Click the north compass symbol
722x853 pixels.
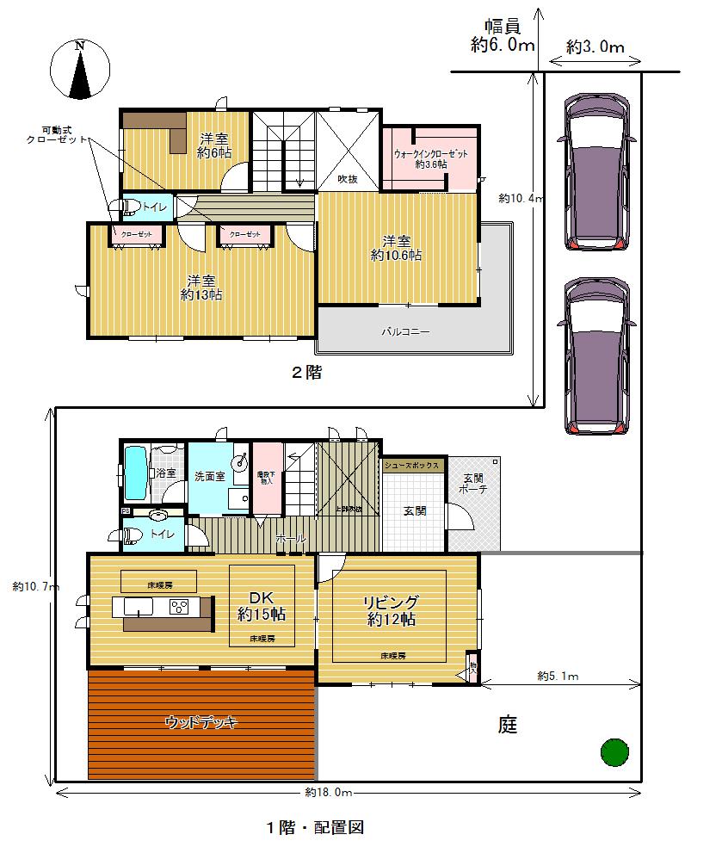[x=80, y=68]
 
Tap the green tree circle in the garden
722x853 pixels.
[x=614, y=751]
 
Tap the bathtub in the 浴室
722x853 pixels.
[x=135, y=473]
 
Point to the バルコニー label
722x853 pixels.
[x=405, y=331]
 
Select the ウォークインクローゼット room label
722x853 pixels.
[x=431, y=158]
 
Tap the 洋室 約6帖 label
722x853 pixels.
[x=214, y=145]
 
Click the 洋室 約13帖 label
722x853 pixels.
[x=201, y=287]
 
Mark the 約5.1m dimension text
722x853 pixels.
[x=558, y=677]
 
